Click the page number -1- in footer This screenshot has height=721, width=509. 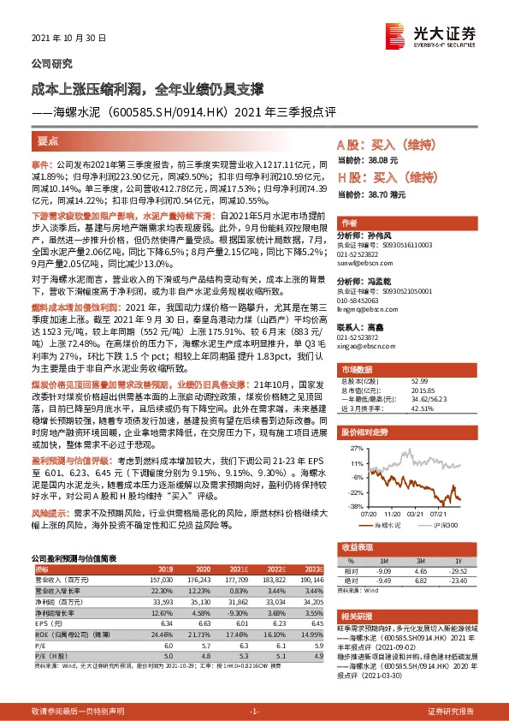click(254, 712)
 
